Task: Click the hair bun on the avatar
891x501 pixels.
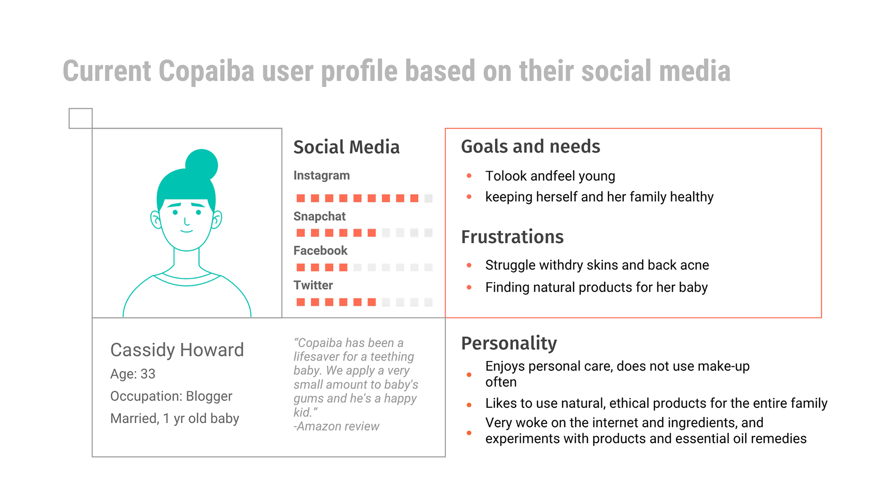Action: pos(201,165)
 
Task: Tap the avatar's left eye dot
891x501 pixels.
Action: pos(175,212)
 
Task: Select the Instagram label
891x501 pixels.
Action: pos(322,176)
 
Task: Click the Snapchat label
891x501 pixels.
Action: pos(319,217)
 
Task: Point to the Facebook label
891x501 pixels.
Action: pos(320,250)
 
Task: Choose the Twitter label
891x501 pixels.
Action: pos(313,285)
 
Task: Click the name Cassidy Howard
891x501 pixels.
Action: pos(177,350)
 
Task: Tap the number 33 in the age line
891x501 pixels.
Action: pos(148,374)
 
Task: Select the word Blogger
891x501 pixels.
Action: pos(209,396)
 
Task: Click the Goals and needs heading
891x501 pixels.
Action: pos(530,147)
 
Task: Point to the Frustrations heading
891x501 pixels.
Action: pos(512,237)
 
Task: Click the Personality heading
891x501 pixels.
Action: pos(509,343)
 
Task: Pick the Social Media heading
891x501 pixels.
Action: pos(346,147)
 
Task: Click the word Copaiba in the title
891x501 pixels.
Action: pos(207,71)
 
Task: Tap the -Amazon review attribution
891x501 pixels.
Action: pos(336,426)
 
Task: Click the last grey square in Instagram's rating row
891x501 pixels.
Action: pos(428,198)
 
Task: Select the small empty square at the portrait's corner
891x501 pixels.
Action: pos(81,118)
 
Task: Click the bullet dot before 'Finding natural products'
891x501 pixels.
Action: pos(469,288)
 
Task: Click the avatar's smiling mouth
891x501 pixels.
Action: pos(187,231)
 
